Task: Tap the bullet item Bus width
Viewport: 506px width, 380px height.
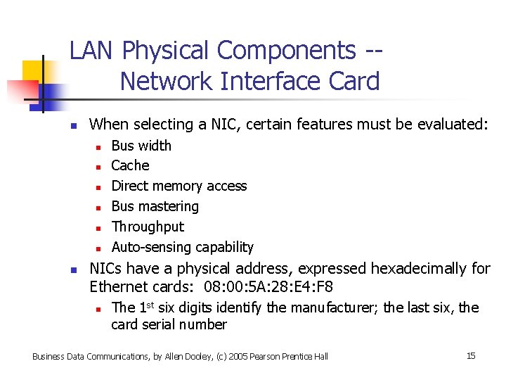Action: tap(141, 146)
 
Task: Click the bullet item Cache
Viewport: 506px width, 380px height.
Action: tap(130, 166)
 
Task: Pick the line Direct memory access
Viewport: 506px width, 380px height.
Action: tap(179, 186)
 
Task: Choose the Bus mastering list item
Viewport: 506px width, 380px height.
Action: tap(155, 207)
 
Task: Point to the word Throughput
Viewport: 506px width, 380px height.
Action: tap(148, 227)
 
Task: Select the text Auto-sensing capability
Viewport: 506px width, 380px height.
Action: tap(182, 248)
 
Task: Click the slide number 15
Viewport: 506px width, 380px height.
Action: tap(471, 355)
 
